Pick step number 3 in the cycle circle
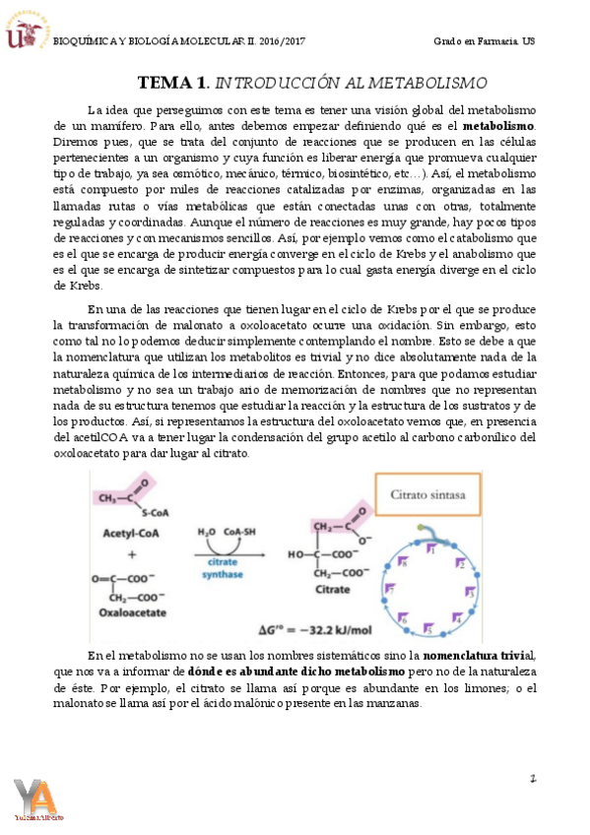click(x=470, y=594)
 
